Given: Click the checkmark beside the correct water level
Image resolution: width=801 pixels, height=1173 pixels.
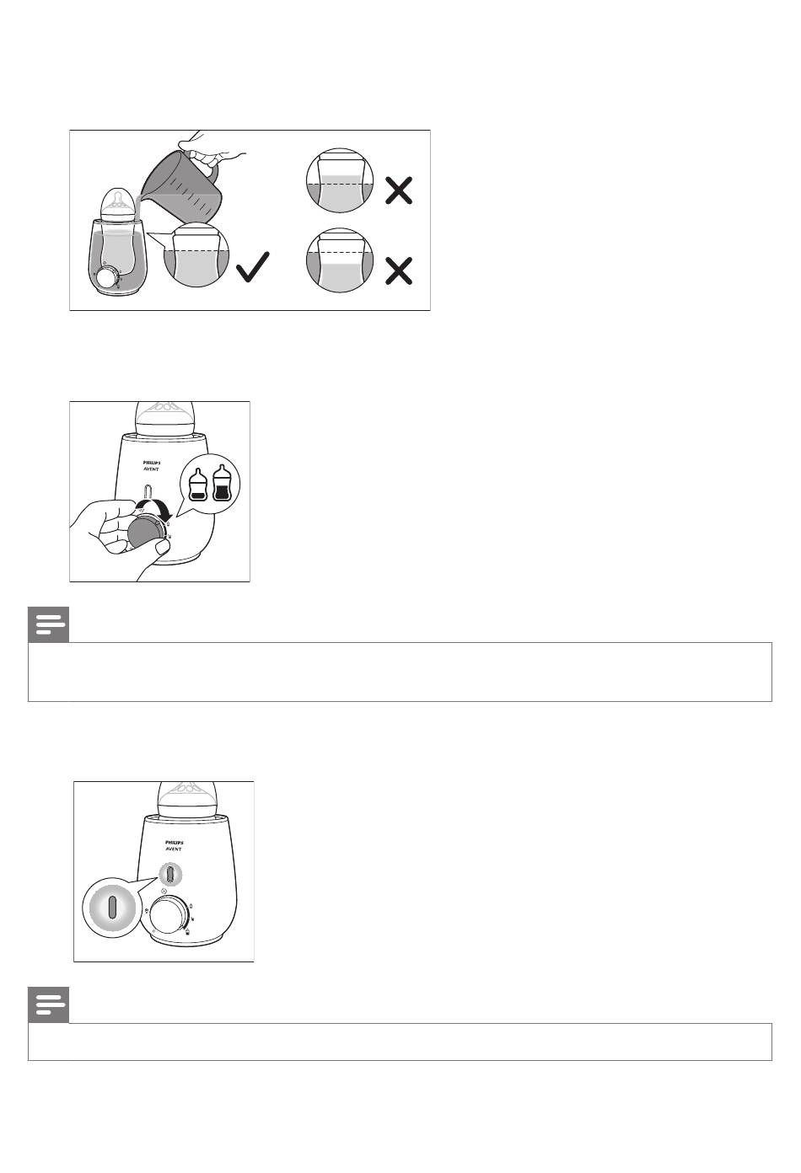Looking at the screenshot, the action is (252, 268).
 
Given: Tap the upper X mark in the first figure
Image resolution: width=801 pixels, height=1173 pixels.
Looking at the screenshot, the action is (399, 190).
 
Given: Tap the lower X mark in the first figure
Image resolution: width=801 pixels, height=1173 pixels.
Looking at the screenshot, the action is (399, 270).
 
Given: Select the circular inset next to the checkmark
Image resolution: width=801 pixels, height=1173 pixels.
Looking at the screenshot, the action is (196, 254).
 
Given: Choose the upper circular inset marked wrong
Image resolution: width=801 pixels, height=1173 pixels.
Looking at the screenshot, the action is (340, 180).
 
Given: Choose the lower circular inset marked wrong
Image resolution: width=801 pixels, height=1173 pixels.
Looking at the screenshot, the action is (340, 260).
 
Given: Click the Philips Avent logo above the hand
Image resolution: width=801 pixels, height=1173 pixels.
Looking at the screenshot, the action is (152, 465).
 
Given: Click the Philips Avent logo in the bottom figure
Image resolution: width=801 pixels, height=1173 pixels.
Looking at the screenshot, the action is (174, 846).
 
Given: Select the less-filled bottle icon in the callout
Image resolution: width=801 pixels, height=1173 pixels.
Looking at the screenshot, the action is (197, 485).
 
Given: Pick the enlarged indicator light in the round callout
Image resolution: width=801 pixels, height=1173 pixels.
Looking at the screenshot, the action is (112, 908).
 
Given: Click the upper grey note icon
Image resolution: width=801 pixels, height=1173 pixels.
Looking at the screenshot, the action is (48, 624).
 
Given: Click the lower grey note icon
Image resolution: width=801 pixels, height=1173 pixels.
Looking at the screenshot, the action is (48, 1005).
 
